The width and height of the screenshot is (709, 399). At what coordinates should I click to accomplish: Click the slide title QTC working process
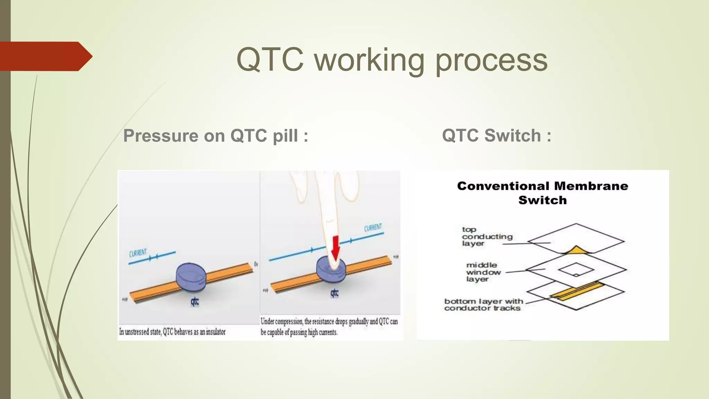[x=392, y=60]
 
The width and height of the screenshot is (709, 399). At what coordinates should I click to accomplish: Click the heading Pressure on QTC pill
[x=216, y=135]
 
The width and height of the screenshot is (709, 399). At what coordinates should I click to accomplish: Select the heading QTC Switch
[x=496, y=135]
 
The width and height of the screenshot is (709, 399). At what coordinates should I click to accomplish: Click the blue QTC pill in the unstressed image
[x=191, y=276]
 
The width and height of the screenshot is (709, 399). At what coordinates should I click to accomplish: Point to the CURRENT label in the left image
[x=138, y=253]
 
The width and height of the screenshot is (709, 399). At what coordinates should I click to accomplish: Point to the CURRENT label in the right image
[x=373, y=228]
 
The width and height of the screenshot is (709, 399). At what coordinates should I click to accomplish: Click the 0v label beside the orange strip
[x=256, y=264]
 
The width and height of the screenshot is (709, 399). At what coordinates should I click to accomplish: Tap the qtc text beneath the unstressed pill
[x=195, y=302]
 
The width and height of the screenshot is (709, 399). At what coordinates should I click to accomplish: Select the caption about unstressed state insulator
[x=172, y=332]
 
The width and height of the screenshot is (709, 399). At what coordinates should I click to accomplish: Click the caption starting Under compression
[x=329, y=327]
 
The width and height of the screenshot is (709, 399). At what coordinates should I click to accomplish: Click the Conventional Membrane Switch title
[x=542, y=193]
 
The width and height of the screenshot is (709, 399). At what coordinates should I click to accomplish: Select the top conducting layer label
[x=487, y=237]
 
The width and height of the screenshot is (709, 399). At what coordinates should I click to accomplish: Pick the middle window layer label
[x=483, y=272]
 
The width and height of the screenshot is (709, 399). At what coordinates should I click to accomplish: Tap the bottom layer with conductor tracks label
[x=483, y=305]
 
